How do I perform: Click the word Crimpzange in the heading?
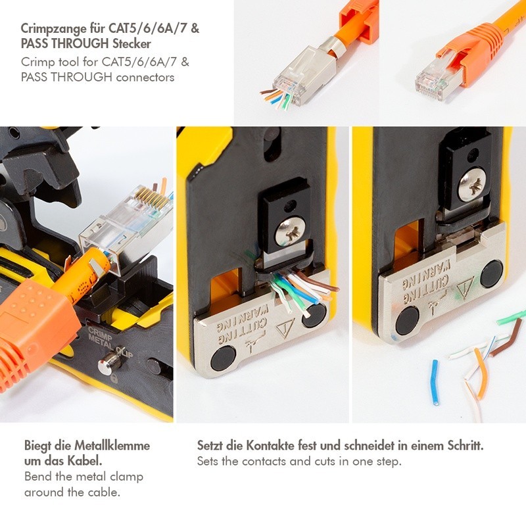[53, 29]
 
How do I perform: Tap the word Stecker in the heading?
[132, 43]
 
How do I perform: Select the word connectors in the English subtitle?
[145, 78]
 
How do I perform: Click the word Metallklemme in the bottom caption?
[112, 446]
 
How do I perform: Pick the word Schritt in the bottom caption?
[466, 446]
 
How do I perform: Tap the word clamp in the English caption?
[126, 477]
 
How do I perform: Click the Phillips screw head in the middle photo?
[291, 231]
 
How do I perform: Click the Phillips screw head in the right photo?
[472, 185]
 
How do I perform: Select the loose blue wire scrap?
[435, 383]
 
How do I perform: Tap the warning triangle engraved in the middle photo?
[285, 327]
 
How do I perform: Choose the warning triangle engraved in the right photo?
[466, 288]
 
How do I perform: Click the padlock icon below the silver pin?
[114, 379]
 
